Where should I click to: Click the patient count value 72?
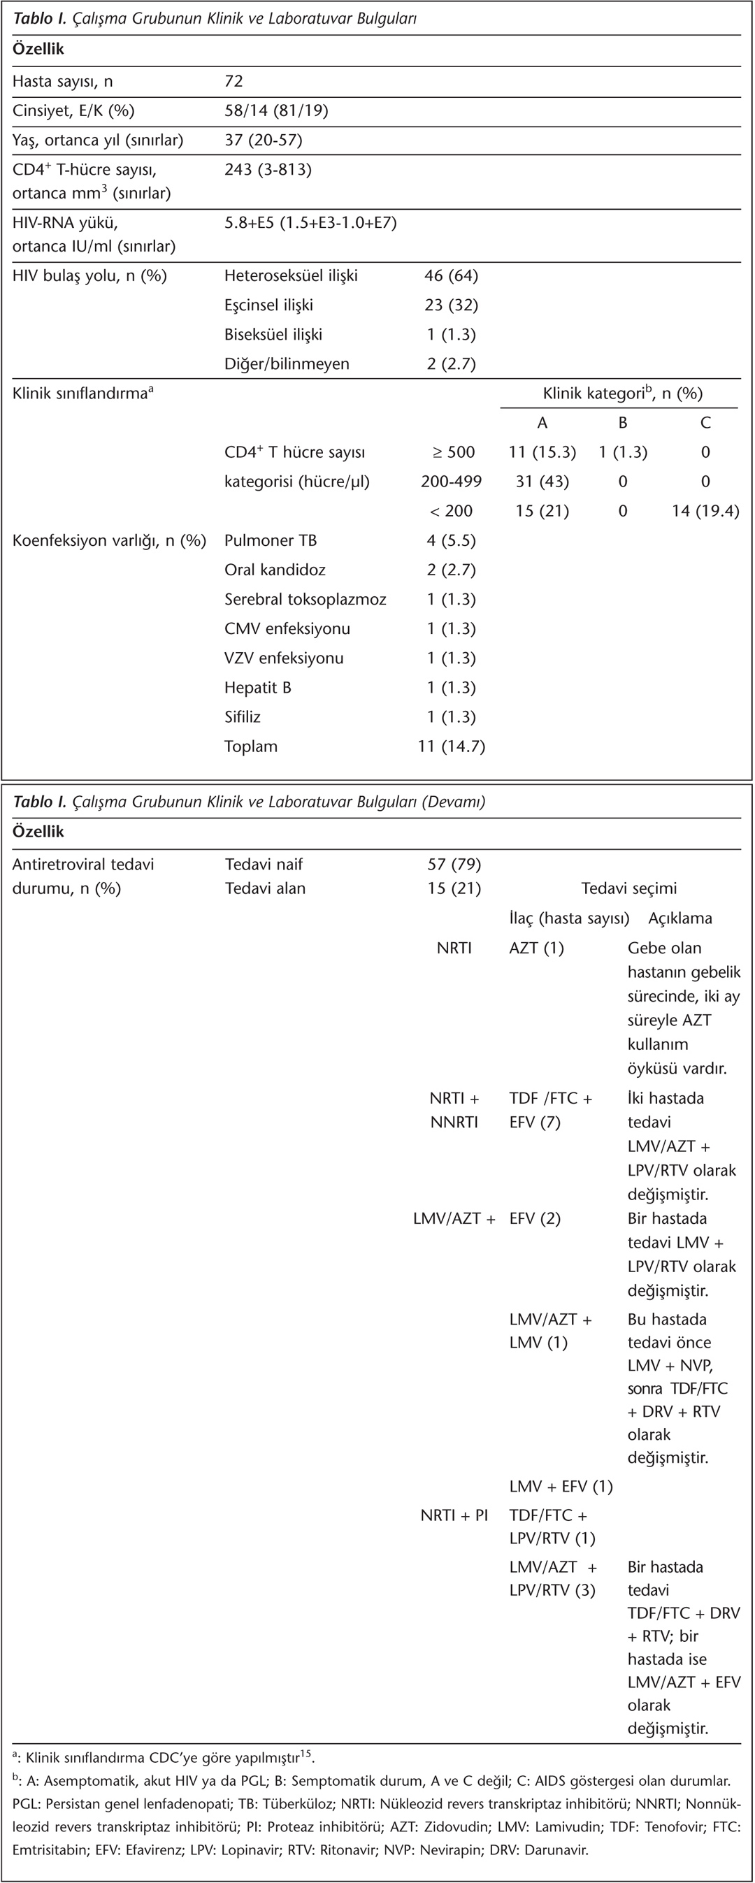coord(233,81)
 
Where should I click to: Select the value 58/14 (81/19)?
coord(275,110)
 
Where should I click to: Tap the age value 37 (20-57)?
coord(263,140)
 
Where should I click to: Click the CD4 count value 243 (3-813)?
coord(268,170)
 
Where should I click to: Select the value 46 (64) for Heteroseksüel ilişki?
coord(451,275)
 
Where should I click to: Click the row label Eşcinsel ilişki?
coord(268,305)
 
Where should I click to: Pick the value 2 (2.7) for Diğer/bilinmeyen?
coord(451,363)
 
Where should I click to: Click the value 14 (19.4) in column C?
coord(705,511)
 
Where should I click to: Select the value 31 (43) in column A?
coord(542,481)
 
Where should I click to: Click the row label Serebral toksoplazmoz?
coord(305,600)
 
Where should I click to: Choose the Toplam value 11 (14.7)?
coord(451,746)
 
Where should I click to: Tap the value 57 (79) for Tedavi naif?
coord(454,864)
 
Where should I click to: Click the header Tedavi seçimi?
coord(628,888)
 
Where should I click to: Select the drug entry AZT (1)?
coord(536,948)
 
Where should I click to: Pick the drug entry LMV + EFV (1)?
coord(561,1486)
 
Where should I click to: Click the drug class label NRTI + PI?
coord(454,1515)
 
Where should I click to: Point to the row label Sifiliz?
coord(242,717)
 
